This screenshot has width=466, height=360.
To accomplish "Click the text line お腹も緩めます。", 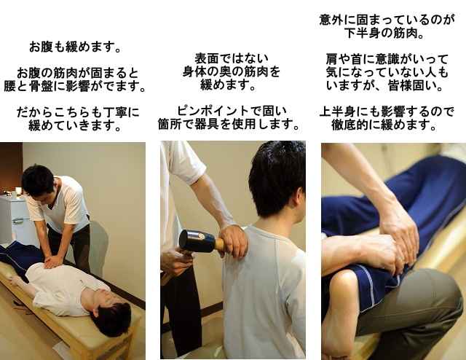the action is click(74, 47).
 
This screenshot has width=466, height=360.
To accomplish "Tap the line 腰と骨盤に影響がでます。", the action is click(74, 86).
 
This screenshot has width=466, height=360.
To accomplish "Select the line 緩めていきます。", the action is click(74, 125).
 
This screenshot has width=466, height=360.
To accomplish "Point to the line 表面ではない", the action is click(232, 58).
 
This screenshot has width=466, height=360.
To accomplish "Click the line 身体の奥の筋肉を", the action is click(232, 71).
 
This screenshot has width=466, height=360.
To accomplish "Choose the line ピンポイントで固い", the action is click(232, 111).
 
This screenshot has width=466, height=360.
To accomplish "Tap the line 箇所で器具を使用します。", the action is click(229, 124).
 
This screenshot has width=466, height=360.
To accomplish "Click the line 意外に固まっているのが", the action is click(387, 20).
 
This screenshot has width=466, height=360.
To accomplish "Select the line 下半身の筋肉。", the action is click(384, 33).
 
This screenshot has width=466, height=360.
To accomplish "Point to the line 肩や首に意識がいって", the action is click(387, 59).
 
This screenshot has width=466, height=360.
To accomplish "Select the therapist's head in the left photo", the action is click(39, 181).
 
